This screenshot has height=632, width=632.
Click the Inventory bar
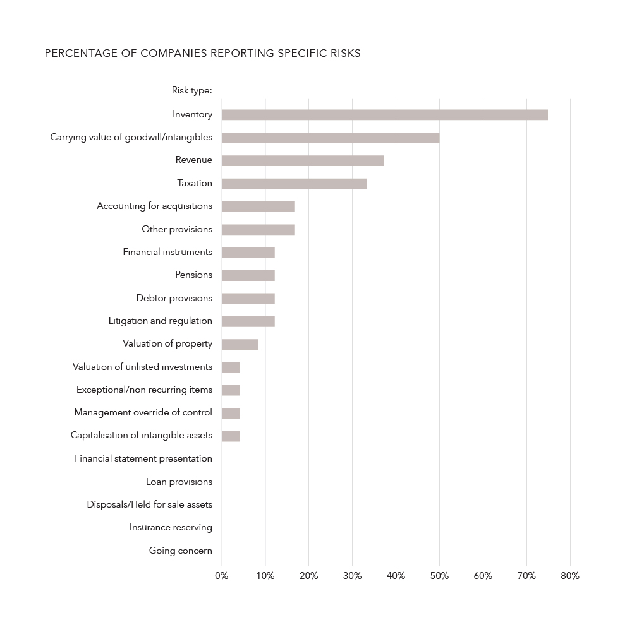point(384,115)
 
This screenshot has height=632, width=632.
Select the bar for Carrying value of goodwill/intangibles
point(331,138)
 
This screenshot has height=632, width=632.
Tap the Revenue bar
point(302,160)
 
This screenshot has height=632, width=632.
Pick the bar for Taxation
point(294,184)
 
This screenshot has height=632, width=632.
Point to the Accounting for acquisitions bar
point(258,206)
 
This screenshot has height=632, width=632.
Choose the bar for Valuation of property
point(240,344)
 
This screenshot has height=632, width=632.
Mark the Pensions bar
point(248,275)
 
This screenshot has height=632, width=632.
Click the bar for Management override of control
point(231,413)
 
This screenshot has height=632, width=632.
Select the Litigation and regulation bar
point(248,321)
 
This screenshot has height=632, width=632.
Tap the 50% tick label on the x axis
point(439,576)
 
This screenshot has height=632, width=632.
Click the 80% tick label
point(570,576)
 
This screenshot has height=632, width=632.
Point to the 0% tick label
point(221,576)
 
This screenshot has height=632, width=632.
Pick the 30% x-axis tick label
point(352,576)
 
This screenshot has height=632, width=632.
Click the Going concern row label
point(181,551)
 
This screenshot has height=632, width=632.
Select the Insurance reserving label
point(171,527)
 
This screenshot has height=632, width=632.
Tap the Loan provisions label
point(179,482)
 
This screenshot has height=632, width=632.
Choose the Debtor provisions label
point(174,298)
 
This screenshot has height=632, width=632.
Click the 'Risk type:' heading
point(191,91)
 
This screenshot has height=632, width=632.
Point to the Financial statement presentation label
point(143,458)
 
